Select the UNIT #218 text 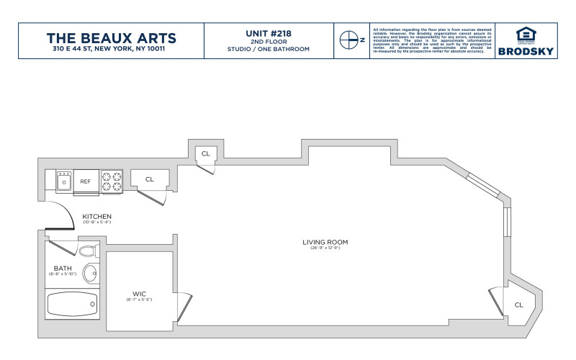270,32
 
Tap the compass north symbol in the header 349,40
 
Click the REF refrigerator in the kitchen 85,181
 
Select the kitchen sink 63,181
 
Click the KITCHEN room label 97,217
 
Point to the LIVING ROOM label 325,242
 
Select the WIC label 140,293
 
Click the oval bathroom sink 91,274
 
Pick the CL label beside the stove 150,179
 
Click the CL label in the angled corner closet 518,305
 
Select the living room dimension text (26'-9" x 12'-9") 325,248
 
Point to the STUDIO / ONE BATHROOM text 270,49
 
